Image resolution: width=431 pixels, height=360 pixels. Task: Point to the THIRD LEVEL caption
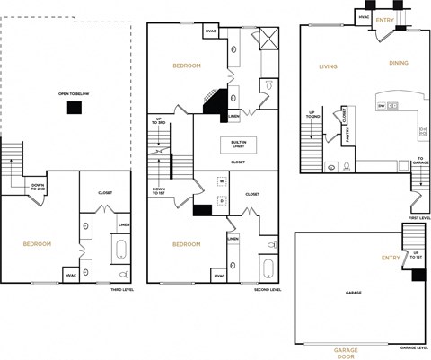click(x=122, y=290)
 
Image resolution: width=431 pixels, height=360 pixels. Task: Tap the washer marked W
click(x=222, y=182)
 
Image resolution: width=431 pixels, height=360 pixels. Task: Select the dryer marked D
click(x=222, y=200)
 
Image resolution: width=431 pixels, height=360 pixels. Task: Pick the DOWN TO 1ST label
click(x=159, y=190)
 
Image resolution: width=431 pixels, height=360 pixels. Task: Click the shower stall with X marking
click(x=268, y=38)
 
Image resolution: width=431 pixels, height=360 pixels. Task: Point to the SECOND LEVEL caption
click(x=268, y=290)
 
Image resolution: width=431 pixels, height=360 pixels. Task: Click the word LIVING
click(x=328, y=66)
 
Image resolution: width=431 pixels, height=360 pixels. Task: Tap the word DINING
click(x=399, y=63)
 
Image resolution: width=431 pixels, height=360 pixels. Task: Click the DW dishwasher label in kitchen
click(x=382, y=106)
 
